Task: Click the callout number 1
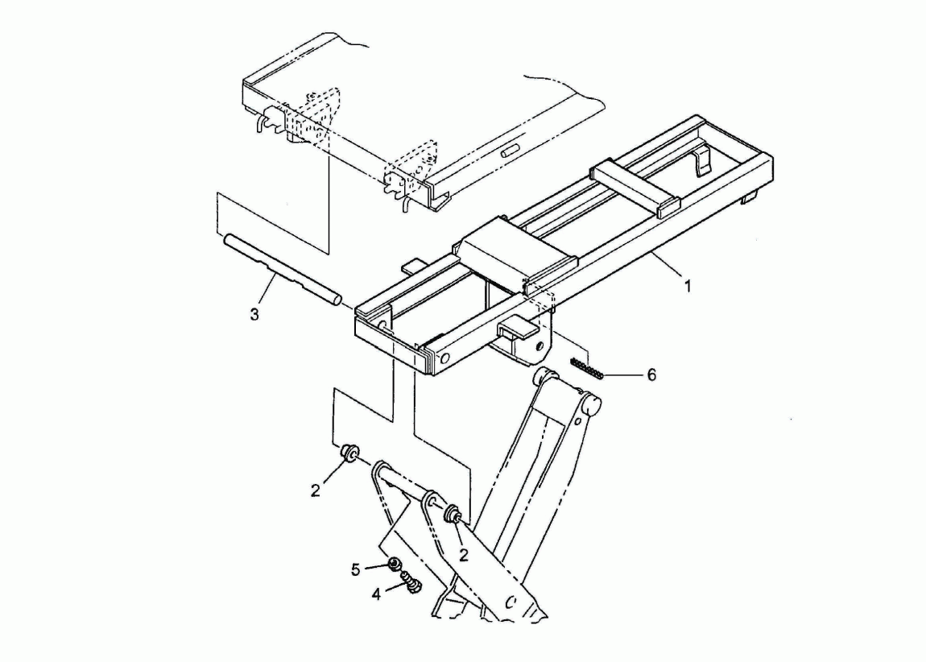pyautogui.click(x=688, y=287)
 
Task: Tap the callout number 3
pyautogui.click(x=254, y=315)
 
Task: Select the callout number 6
pyautogui.click(x=651, y=375)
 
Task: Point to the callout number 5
pyautogui.click(x=356, y=570)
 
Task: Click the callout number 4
pyautogui.click(x=376, y=594)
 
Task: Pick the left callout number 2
pyautogui.click(x=316, y=490)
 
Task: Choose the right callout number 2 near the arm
pyautogui.click(x=464, y=555)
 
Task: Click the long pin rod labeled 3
pyautogui.click(x=281, y=270)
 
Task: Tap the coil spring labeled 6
pyautogui.click(x=586, y=369)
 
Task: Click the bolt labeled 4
pyautogui.click(x=411, y=582)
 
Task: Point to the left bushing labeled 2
pyautogui.click(x=349, y=453)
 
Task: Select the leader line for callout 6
pyautogui.click(x=622, y=375)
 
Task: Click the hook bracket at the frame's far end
pyautogui.click(x=701, y=160)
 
